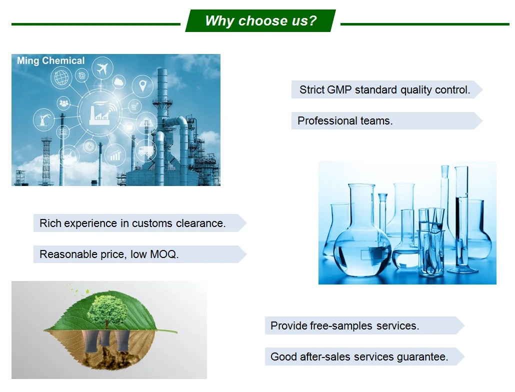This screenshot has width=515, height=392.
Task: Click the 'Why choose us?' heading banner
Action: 260,20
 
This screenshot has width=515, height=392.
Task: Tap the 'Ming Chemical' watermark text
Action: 51,60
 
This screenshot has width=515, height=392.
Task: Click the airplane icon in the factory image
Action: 102,68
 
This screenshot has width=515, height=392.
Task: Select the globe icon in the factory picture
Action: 61,78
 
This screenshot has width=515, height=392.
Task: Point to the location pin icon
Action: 142,85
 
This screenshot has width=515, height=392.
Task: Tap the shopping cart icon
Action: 134,106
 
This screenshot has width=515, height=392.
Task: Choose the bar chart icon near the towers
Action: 115,155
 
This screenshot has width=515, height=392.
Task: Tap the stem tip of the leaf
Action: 176,332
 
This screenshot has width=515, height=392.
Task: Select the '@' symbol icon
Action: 82,75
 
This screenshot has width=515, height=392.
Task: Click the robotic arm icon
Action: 44,119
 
